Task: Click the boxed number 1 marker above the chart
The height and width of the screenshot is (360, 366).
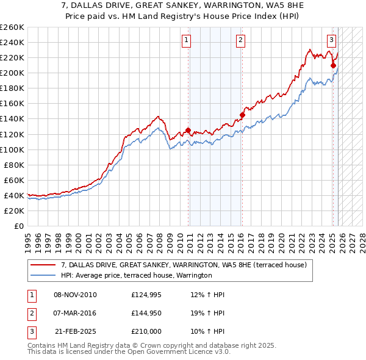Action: click(x=186, y=41)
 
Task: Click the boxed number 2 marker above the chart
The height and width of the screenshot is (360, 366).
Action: click(x=241, y=41)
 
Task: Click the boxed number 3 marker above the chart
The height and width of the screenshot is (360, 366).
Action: click(x=331, y=41)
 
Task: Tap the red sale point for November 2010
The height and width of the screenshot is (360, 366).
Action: click(x=188, y=130)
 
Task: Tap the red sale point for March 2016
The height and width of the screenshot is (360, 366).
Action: click(x=242, y=114)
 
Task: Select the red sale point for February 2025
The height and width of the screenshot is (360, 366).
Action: click(x=333, y=65)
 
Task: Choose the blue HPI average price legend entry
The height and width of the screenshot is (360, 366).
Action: click(x=136, y=276)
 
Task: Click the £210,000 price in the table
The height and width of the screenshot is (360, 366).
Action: click(x=146, y=332)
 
